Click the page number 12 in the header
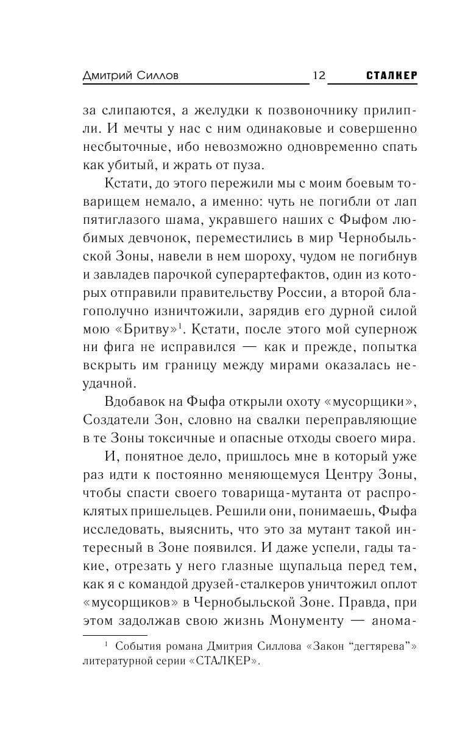(319, 75)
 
